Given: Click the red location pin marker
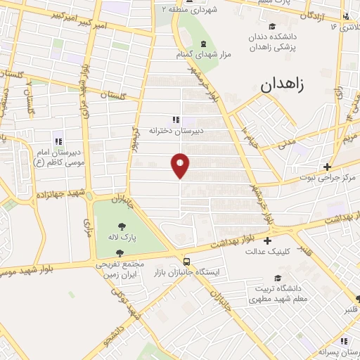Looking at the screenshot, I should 181,165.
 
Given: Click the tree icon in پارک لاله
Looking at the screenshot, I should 123,226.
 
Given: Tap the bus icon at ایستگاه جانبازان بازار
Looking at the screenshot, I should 186,259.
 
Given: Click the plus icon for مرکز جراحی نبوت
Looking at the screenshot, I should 327,166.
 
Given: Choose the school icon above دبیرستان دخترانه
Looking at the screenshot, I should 175,120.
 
